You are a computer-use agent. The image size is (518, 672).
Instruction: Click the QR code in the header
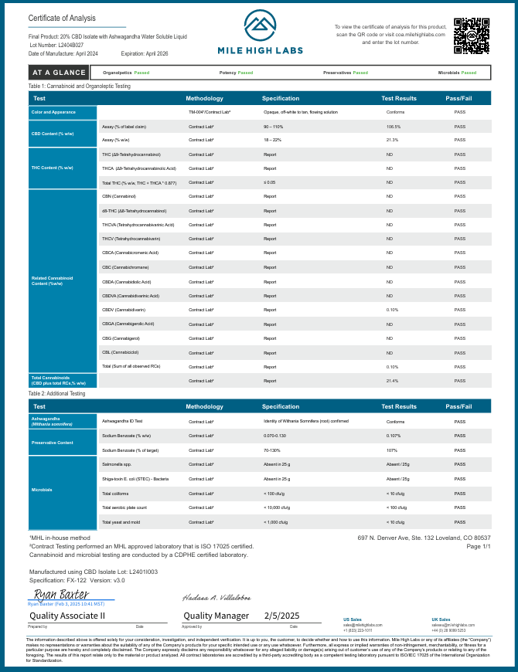471,36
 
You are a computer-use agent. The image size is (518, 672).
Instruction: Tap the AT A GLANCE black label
53,73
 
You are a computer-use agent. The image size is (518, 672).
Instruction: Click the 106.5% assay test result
394,126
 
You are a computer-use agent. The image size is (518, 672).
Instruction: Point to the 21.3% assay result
393,140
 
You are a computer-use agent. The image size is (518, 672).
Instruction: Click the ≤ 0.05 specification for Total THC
270,182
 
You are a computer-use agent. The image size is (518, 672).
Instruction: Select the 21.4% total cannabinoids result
393,381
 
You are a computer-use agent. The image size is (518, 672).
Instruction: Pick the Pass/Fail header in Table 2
459,406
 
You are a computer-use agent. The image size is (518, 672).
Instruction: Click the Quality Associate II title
66,616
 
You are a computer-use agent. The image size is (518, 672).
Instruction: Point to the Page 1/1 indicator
479,546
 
